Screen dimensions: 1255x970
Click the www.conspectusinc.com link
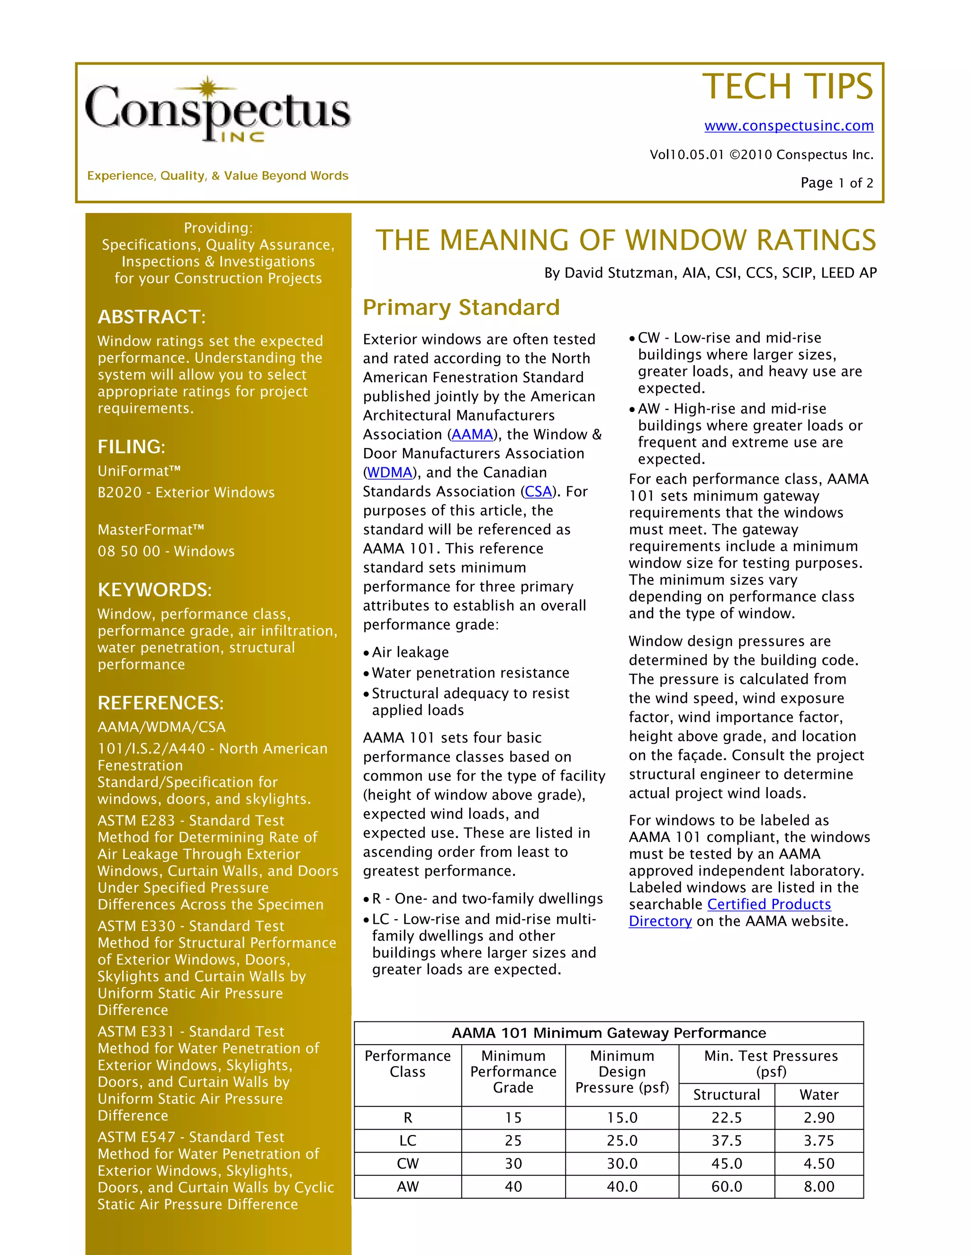pyautogui.click(x=789, y=125)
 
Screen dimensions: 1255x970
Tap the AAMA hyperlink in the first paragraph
pyautogui.click(x=472, y=434)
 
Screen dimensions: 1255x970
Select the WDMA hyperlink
pyautogui.click(x=390, y=472)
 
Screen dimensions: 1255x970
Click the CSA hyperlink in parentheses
pyautogui.click(x=538, y=491)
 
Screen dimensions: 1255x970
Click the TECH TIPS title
pyautogui.click(x=787, y=87)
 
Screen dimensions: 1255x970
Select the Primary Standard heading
pyautogui.click(x=461, y=307)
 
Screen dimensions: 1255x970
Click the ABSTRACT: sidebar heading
pyautogui.click(x=151, y=317)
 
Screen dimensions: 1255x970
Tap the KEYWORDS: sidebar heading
pyautogui.click(x=154, y=590)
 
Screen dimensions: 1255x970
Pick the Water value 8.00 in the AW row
pyautogui.click(x=818, y=1187)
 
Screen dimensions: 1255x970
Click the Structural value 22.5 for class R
pyautogui.click(x=727, y=1118)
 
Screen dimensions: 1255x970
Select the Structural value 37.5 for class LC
pyautogui.click(x=727, y=1141)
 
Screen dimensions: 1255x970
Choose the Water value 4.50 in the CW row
pyautogui.click(x=818, y=1164)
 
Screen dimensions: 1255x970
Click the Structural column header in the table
pyautogui.click(x=727, y=1094)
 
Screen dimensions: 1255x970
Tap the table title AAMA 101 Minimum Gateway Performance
pyautogui.click(x=609, y=1032)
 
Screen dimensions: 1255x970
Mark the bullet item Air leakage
pyautogui.click(x=410, y=652)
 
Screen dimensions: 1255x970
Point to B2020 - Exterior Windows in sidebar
pyautogui.click(x=186, y=493)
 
